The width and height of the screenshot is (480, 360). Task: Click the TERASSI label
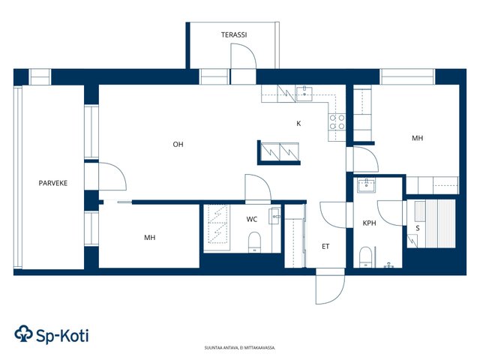click(x=234, y=35)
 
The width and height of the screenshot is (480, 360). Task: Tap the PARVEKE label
click(x=53, y=183)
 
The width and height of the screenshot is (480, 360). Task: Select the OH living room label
click(x=178, y=145)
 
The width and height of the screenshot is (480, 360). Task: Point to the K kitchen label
click(x=298, y=123)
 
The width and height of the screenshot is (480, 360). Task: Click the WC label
click(x=252, y=219)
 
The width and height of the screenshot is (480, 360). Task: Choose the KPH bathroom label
click(x=369, y=223)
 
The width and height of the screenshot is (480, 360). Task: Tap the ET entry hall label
click(x=325, y=246)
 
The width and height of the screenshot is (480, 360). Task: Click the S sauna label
click(x=418, y=228)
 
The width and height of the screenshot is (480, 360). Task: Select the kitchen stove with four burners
click(x=337, y=122)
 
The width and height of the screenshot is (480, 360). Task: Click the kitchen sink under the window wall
click(x=304, y=94)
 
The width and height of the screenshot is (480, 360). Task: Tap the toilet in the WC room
click(x=254, y=242)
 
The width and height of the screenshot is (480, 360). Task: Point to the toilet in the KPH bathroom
click(x=365, y=257)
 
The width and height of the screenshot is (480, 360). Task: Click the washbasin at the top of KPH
click(x=366, y=185)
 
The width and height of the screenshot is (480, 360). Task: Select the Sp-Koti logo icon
click(x=23, y=333)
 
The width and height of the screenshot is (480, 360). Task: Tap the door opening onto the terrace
click(x=243, y=56)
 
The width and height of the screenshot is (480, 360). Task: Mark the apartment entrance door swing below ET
click(x=330, y=286)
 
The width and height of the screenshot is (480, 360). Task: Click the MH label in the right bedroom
click(x=417, y=138)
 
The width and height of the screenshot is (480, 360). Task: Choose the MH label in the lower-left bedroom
click(x=150, y=238)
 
